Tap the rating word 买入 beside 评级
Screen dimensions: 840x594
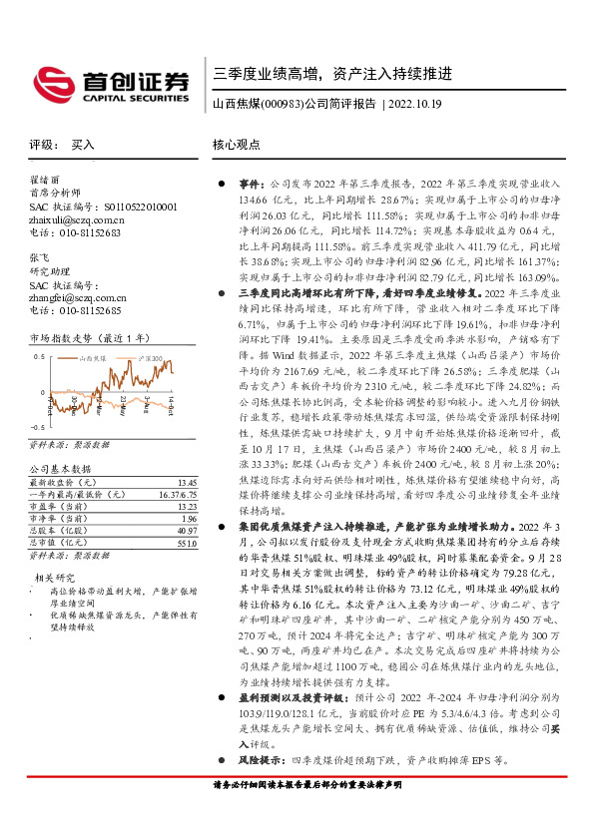[x=83, y=145]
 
